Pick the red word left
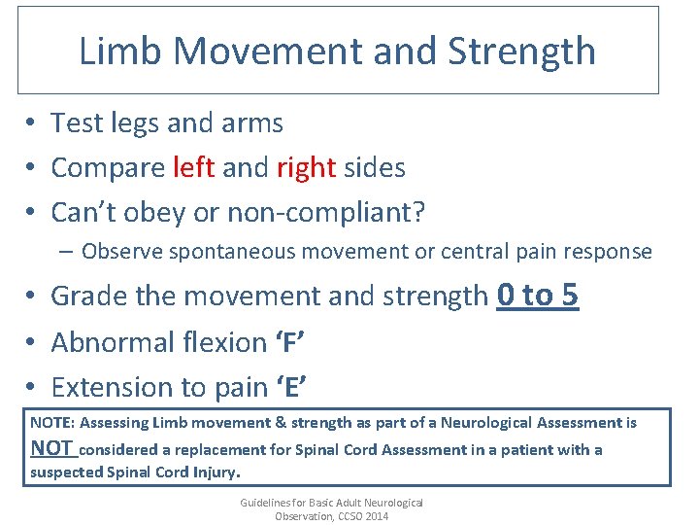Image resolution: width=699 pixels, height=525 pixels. pos(193,167)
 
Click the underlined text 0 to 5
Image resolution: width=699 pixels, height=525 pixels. pos(537,295)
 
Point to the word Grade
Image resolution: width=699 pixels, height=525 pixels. pos(88,296)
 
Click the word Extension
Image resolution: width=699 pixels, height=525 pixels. pos(107,387)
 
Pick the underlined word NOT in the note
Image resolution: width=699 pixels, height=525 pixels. pos(52,448)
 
